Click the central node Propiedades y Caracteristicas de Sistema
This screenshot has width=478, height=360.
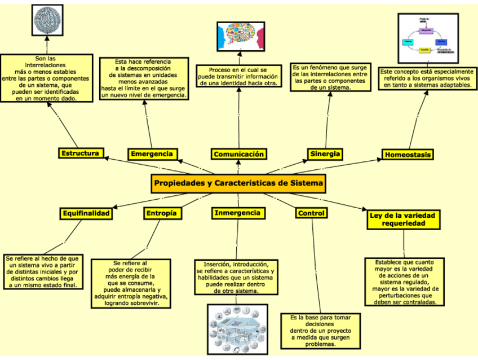point(238,184)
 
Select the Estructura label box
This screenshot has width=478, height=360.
point(81,153)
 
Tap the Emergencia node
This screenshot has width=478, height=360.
point(152,154)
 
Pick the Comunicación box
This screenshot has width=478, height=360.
point(238,154)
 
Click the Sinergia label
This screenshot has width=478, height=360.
point(325,153)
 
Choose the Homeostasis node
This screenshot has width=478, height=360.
point(408,155)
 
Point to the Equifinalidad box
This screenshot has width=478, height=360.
point(86,213)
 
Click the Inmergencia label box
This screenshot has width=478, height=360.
point(238,213)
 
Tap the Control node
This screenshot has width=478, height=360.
point(311,213)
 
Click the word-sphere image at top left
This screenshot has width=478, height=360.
point(48,21)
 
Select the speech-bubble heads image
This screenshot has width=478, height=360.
point(240,36)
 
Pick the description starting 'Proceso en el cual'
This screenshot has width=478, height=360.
point(238,76)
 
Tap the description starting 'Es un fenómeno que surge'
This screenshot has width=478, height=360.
point(330,77)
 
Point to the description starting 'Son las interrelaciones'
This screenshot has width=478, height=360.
point(46,78)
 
